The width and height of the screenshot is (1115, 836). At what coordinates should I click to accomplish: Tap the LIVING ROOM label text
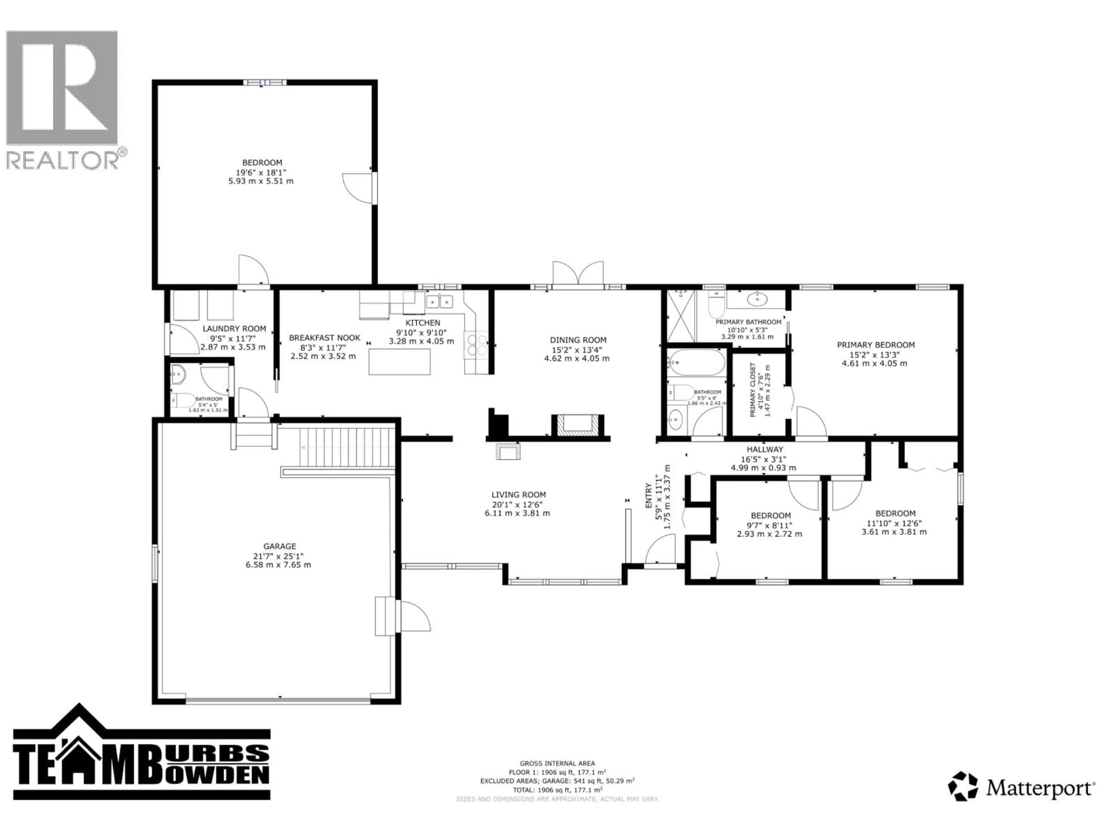pos(519,495)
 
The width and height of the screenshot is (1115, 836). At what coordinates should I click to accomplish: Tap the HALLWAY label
pos(765,449)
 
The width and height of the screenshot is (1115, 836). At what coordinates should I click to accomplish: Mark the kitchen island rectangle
pos(399,361)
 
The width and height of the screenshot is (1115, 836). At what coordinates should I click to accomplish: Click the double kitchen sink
pos(440,301)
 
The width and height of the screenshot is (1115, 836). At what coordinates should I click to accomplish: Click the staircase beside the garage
pos(347,447)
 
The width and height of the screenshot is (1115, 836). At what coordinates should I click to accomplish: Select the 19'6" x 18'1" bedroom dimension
pos(261,172)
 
